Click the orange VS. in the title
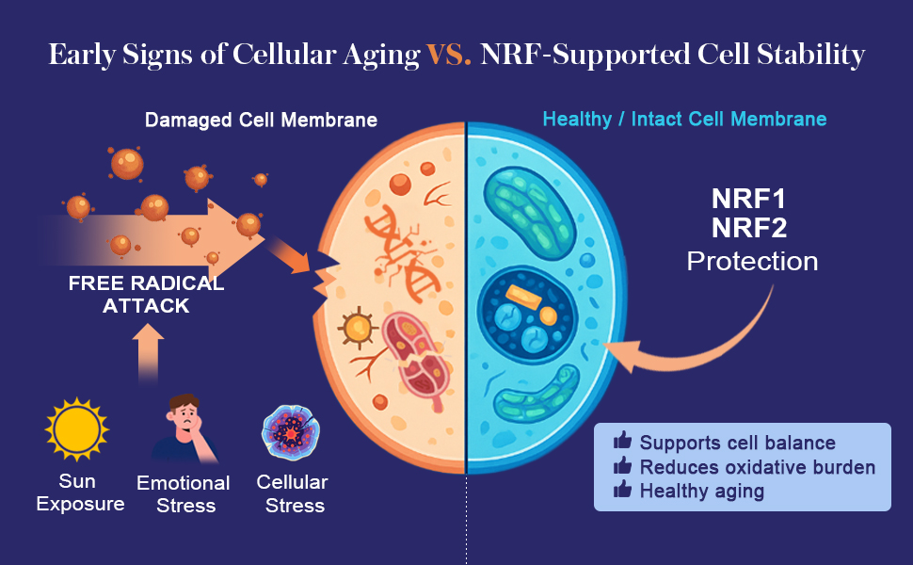(449, 55)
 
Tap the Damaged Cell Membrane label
(261, 121)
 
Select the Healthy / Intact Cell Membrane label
(684, 120)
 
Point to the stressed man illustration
(185, 428)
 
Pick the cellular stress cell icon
(292, 429)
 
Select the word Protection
(752, 261)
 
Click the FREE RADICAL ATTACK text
(146, 294)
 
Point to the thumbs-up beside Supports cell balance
(622, 442)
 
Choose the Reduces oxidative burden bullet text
(758, 467)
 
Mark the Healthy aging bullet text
(701, 491)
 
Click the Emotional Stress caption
(184, 494)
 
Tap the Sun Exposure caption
(80, 492)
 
